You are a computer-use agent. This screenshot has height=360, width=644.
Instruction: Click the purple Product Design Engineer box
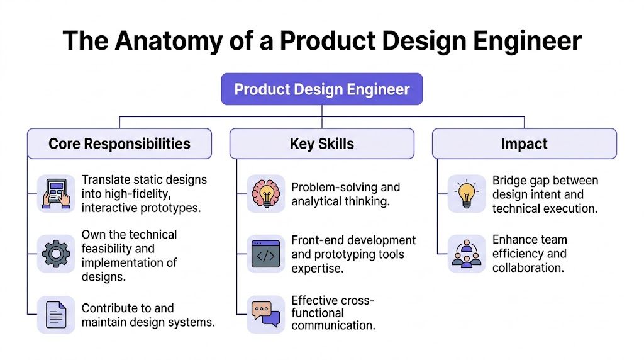point(321,89)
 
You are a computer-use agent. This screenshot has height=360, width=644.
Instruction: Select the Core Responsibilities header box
point(119,143)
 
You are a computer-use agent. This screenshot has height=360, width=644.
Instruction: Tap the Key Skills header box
point(321,143)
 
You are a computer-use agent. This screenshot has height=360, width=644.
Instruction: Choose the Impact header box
point(524,143)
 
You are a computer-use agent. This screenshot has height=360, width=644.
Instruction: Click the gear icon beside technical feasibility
point(56,254)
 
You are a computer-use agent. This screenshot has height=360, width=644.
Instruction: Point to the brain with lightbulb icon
point(265,193)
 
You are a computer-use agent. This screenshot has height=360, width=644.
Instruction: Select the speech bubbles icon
point(265,313)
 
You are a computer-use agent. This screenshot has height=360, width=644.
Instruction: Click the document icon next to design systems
point(56,314)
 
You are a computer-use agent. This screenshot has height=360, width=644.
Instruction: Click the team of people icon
point(466,254)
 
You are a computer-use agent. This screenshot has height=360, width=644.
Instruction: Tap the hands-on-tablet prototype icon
point(56,193)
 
